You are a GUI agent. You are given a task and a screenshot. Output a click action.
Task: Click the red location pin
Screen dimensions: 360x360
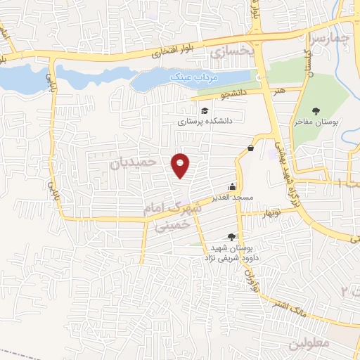pyautogui.click(x=181, y=165)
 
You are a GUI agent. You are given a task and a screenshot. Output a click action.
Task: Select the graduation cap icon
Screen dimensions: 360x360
pyautogui.click(x=205, y=110)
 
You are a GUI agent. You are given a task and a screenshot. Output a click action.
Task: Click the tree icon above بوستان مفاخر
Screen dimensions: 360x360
pyautogui.click(x=316, y=110)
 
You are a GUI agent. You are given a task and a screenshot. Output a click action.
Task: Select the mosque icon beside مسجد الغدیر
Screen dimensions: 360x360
pyautogui.click(x=232, y=188)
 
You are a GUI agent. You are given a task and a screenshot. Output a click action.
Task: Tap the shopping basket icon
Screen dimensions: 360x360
pyautogui.click(x=251, y=147)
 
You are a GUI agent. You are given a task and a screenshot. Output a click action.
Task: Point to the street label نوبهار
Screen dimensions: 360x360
pyautogui.click(x=271, y=212)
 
